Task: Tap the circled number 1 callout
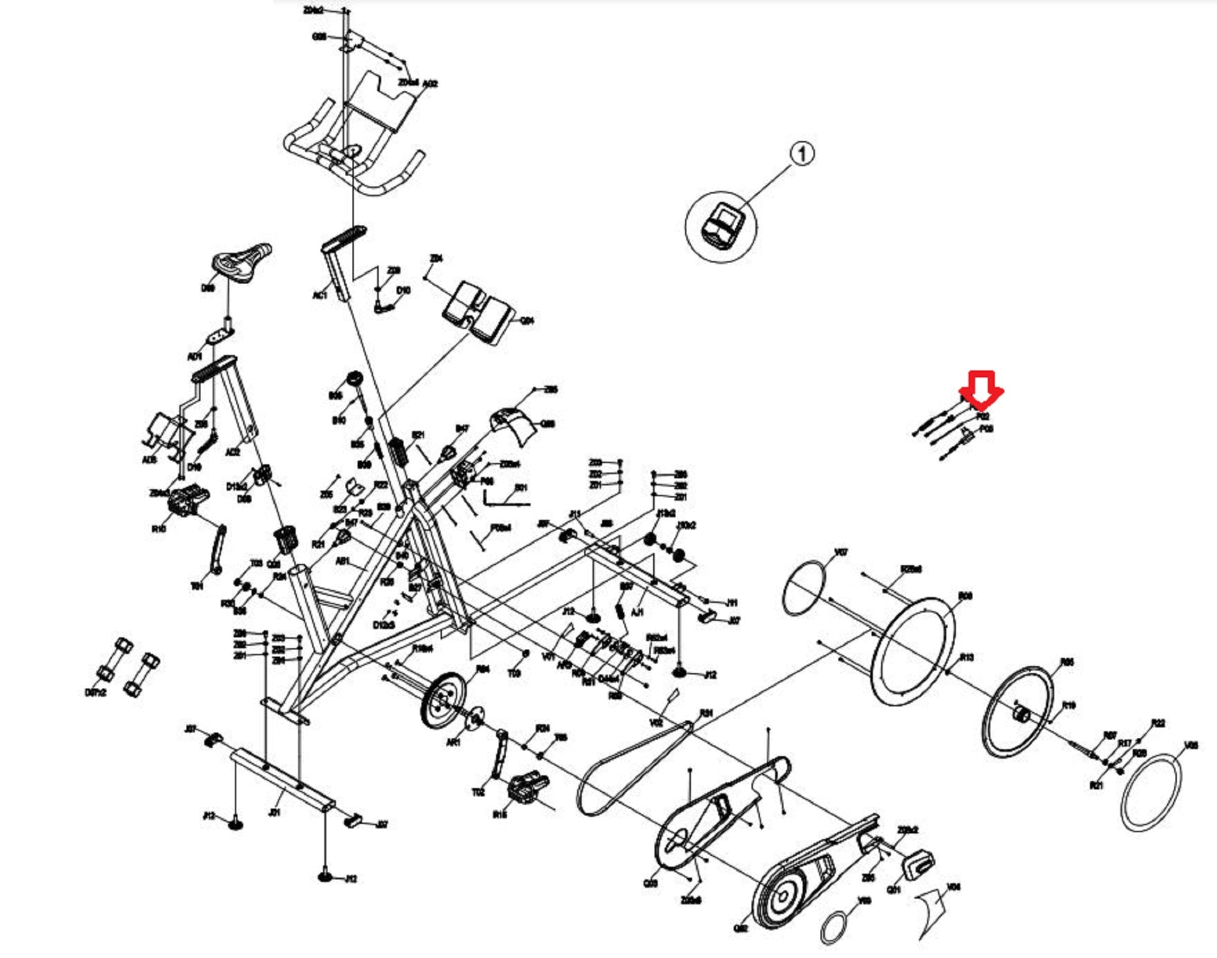(802, 154)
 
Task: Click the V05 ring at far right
(1151, 792)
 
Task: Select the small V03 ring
(834, 927)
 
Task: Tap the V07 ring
(805, 588)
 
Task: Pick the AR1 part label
(453, 743)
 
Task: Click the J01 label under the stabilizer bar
(275, 812)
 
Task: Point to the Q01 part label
(894, 890)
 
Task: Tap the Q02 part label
(741, 928)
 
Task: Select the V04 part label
(954, 887)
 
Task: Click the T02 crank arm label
(478, 792)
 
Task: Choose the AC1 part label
(320, 295)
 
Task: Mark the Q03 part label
(650, 883)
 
